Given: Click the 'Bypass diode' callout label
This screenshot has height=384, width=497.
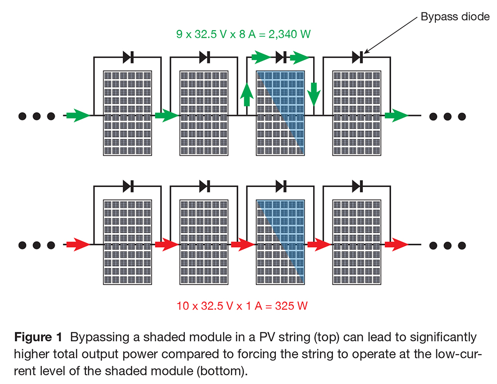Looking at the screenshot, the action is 455,16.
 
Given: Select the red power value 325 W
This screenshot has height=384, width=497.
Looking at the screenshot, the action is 291,306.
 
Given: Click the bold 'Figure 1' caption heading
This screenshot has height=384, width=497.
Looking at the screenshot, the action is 38,337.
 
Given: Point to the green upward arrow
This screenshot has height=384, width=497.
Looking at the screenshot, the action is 247,94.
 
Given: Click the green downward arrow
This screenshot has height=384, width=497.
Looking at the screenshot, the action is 314,94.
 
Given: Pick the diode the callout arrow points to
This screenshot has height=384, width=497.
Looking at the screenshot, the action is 357,58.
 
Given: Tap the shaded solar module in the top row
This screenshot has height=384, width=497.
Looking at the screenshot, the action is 280,113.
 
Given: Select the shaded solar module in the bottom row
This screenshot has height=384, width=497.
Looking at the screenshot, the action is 280,242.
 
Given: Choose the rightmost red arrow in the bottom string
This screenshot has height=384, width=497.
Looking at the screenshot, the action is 397,245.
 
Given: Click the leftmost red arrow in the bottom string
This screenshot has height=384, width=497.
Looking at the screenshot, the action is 78,245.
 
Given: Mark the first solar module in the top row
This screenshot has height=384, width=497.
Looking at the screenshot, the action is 127,113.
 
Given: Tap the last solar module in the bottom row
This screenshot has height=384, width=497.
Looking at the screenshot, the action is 356,242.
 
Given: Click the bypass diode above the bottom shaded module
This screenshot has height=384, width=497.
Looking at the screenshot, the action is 281,187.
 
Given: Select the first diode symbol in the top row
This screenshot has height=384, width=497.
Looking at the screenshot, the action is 128,58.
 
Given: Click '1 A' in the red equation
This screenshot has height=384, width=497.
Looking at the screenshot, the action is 254,306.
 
